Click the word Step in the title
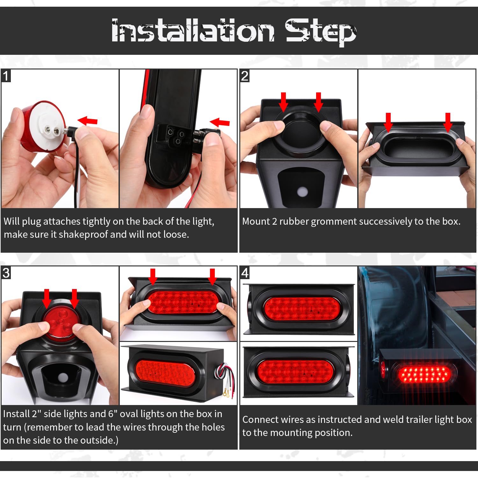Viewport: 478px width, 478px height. point(321,32)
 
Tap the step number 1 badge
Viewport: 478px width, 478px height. point(6,76)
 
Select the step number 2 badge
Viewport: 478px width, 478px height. point(245,76)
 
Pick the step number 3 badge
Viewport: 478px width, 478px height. point(6,273)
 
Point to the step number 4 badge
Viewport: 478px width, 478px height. point(245,273)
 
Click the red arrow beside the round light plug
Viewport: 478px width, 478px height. point(88,121)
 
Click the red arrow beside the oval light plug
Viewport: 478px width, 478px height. point(220,122)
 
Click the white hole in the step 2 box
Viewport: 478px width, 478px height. point(302,192)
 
